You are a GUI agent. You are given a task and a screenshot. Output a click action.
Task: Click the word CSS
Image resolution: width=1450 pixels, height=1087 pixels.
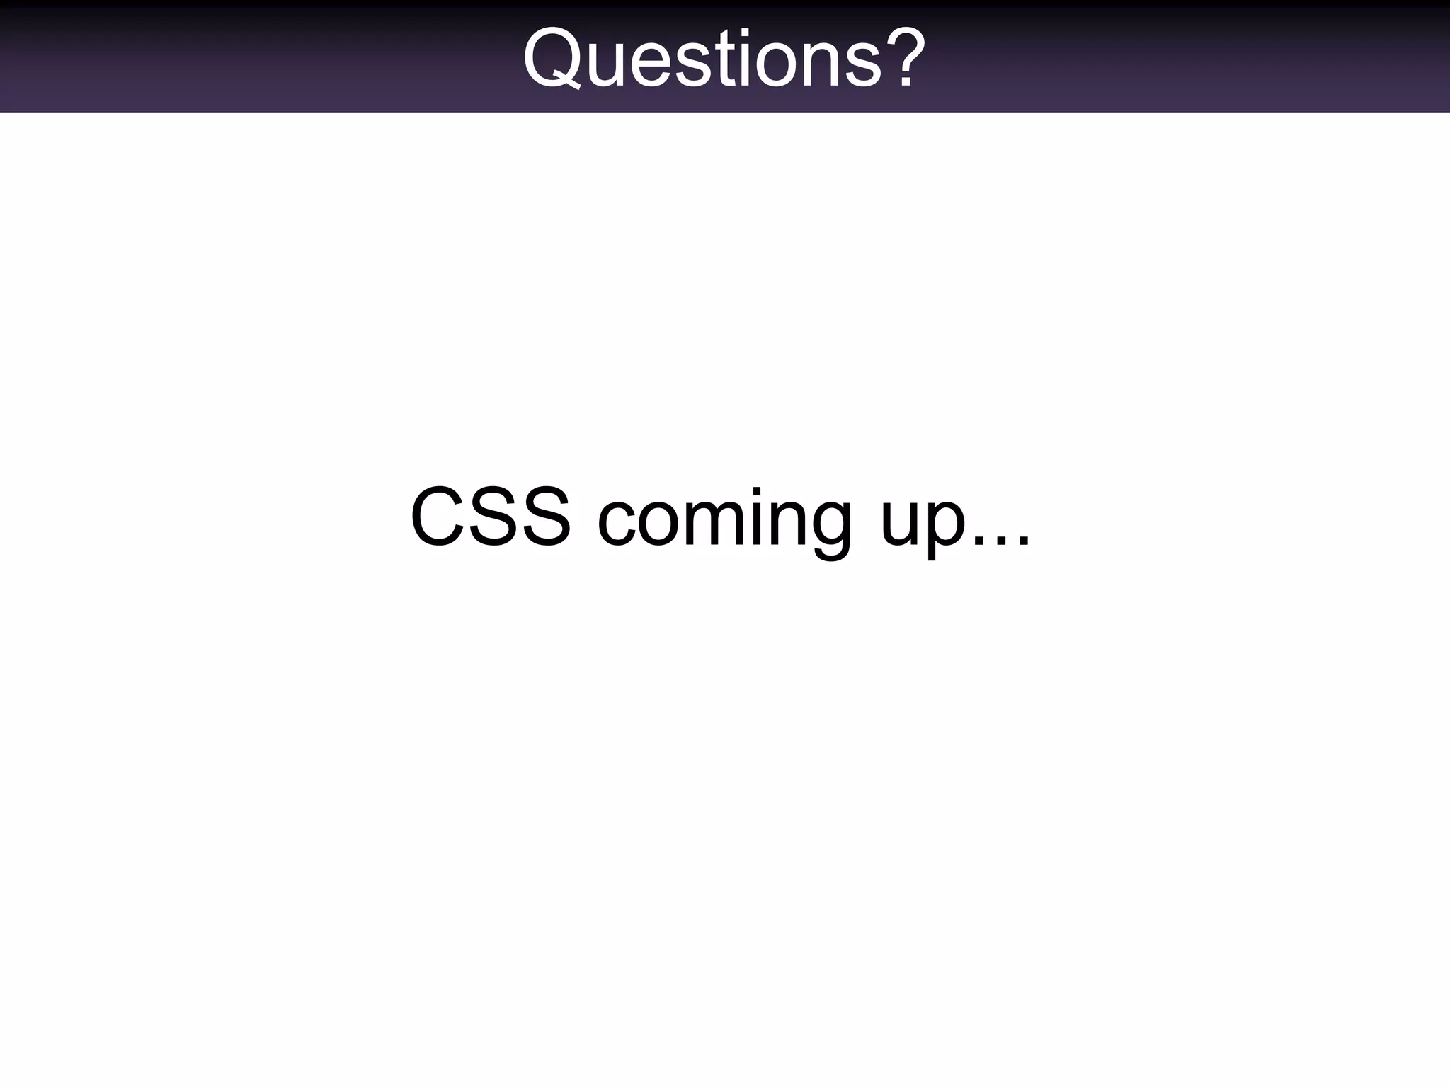(x=490, y=517)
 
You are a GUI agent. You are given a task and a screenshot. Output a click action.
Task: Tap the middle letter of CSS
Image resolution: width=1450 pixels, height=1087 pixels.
(x=490, y=517)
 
